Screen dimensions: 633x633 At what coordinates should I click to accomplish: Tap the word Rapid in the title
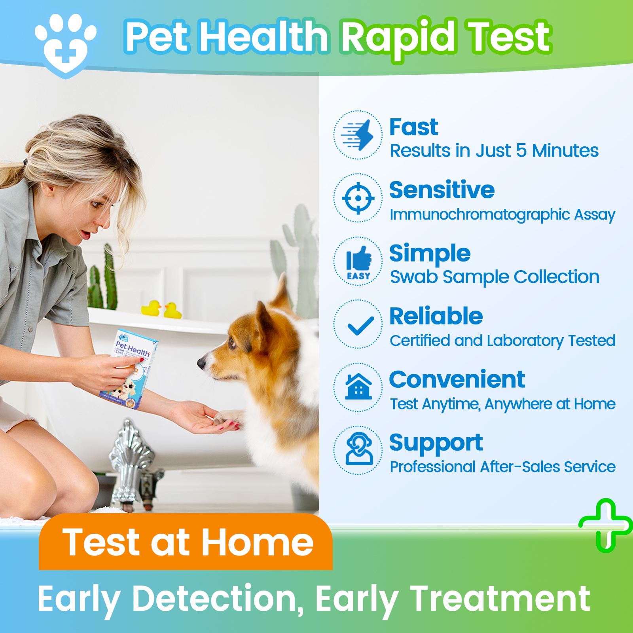click(399, 38)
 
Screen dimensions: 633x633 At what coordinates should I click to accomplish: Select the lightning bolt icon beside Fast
click(358, 135)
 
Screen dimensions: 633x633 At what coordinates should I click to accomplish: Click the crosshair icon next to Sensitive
click(358, 198)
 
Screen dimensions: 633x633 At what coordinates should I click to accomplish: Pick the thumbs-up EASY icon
click(358, 262)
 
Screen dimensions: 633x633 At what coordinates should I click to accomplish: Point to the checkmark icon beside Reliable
click(358, 325)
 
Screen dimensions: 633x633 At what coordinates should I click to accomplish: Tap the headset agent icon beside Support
click(358, 450)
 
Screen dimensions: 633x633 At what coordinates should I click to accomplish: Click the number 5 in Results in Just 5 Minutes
click(521, 151)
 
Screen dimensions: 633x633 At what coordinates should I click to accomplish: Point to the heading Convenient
click(457, 379)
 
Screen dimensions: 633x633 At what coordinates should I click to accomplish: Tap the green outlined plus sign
click(606, 525)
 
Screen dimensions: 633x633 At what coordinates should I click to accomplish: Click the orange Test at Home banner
click(186, 542)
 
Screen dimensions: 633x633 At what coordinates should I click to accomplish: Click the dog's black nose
click(202, 363)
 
